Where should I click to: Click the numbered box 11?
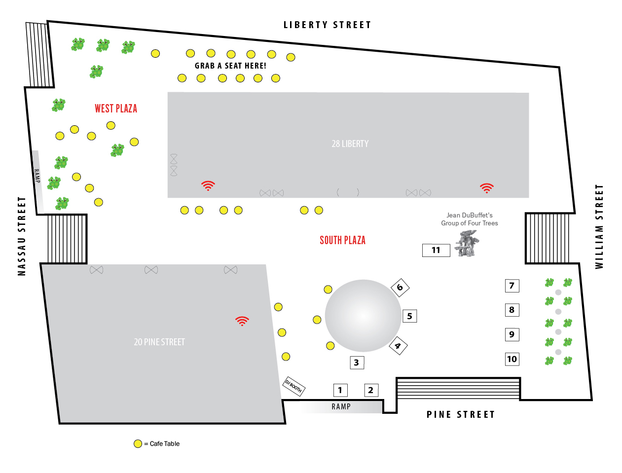point(436,250)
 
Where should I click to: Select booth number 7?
point(512,286)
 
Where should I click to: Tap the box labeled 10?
point(512,359)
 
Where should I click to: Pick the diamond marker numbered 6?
point(400,288)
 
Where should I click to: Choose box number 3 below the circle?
point(357,363)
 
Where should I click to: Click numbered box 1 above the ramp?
point(340,390)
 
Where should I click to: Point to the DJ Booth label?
point(293,386)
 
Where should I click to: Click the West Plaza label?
point(116,109)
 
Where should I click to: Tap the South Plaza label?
point(342,240)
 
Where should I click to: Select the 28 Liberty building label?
point(350,144)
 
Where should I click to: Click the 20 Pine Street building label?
point(159,342)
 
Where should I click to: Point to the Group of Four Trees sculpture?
point(467,244)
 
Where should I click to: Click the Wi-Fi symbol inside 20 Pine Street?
point(242,321)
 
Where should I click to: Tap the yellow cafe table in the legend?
point(138,444)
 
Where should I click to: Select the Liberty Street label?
point(327,25)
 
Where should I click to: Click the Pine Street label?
point(460,414)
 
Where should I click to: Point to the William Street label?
point(599,226)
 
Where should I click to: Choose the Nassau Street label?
point(21,236)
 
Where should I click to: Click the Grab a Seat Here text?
point(230,66)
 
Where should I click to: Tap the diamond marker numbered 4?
point(398,346)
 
